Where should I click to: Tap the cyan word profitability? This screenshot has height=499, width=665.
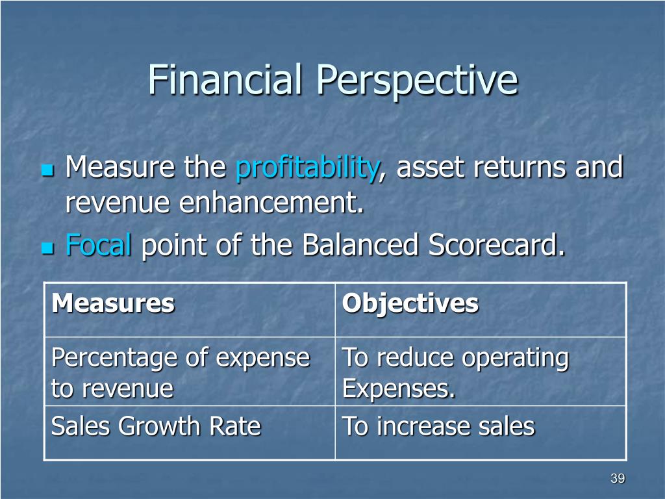point(307,168)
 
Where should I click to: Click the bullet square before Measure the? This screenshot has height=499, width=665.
point(48,171)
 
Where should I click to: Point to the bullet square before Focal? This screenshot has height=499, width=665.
point(48,248)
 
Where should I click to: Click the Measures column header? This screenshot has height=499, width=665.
point(113,303)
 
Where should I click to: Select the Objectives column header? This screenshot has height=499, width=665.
point(410,304)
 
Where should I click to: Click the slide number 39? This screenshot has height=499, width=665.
point(618,478)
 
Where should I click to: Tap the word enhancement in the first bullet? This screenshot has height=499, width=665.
point(271,203)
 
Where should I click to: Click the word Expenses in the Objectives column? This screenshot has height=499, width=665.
point(399,389)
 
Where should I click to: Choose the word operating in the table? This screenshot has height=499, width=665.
point(515,359)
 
